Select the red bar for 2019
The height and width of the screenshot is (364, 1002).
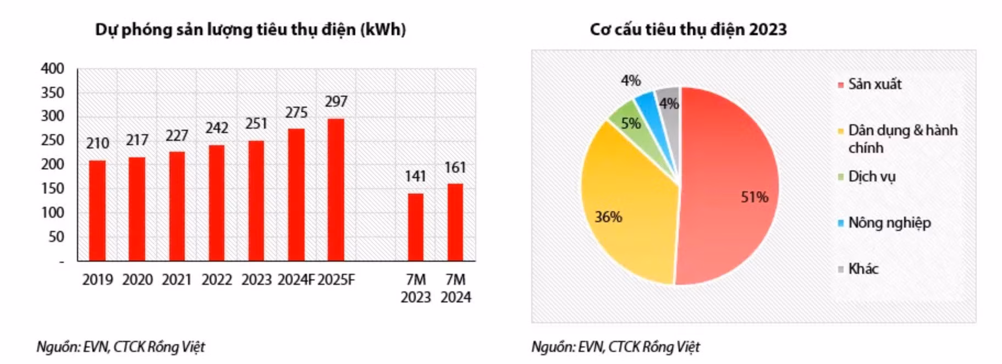pyautogui.click(x=97, y=210)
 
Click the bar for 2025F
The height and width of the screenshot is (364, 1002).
pyautogui.click(x=336, y=190)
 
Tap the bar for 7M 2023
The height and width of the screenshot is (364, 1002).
pyautogui.click(x=416, y=227)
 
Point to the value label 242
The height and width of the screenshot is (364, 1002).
pyautogui.click(x=217, y=128)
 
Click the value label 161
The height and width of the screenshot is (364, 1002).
pyautogui.click(x=455, y=167)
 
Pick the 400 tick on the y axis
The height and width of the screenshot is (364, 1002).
pyautogui.click(x=52, y=69)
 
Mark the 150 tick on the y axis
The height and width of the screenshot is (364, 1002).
pyautogui.click(x=52, y=189)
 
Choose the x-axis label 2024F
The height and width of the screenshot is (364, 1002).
pyautogui.click(x=296, y=280)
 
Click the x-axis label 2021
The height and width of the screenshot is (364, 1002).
pyautogui.click(x=177, y=280)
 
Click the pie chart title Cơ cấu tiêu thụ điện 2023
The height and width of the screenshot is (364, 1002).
pyautogui.click(x=688, y=29)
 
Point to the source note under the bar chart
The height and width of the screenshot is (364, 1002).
pyautogui.click(x=120, y=347)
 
